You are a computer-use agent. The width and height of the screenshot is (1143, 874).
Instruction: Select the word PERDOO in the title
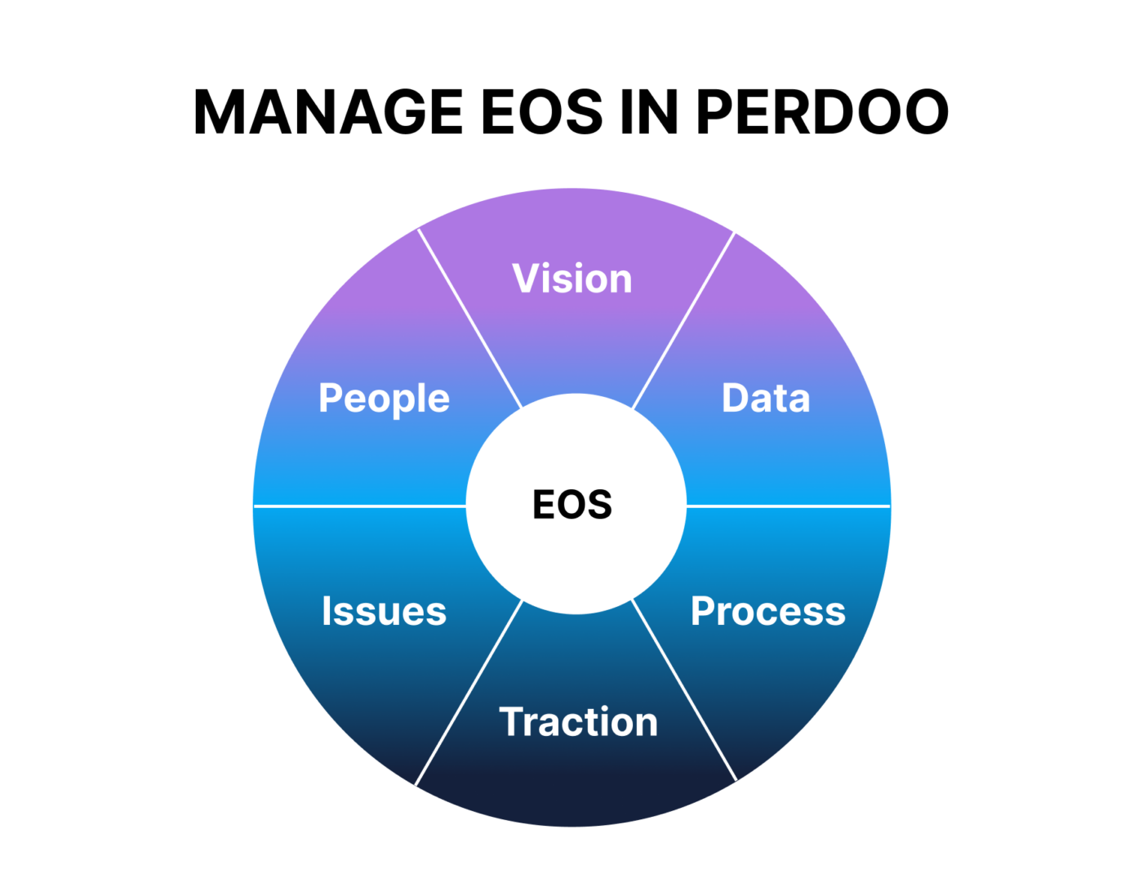pyautogui.click(x=822, y=112)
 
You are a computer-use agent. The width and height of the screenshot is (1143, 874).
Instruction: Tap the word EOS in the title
pyautogui.click(x=541, y=112)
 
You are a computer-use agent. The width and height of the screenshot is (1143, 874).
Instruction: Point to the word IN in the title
pyautogui.click(x=649, y=112)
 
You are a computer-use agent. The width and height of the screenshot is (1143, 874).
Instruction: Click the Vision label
pyautogui.click(x=572, y=279)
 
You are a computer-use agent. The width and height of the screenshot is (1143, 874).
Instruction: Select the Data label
pyautogui.click(x=766, y=399)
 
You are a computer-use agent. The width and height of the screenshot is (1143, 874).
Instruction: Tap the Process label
pyautogui.click(x=767, y=611)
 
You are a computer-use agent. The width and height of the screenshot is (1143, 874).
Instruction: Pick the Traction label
pyautogui.click(x=578, y=722)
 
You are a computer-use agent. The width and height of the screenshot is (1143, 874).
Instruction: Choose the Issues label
pyautogui.click(x=384, y=611)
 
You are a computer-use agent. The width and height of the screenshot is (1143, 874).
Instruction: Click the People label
pyautogui.click(x=384, y=399)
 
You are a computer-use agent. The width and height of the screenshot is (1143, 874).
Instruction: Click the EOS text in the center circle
pyautogui.click(x=572, y=505)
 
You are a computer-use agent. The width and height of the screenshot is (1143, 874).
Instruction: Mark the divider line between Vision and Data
pyautogui.click(x=684, y=320)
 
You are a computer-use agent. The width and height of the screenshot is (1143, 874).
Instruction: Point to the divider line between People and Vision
pyautogui.click(x=469, y=319)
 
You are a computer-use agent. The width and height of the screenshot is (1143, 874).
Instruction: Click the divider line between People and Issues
pyautogui.click(x=359, y=506)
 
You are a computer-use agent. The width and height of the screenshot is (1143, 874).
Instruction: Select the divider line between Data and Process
pyautogui.click(x=788, y=506)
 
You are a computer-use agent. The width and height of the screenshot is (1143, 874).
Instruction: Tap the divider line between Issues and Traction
pyautogui.click(x=469, y=693)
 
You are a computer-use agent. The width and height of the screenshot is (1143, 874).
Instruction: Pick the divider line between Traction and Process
pyautogui.click(x=684, y=690)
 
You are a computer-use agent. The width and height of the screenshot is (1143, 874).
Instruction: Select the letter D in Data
pyautogui.click(x=736, y=399)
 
